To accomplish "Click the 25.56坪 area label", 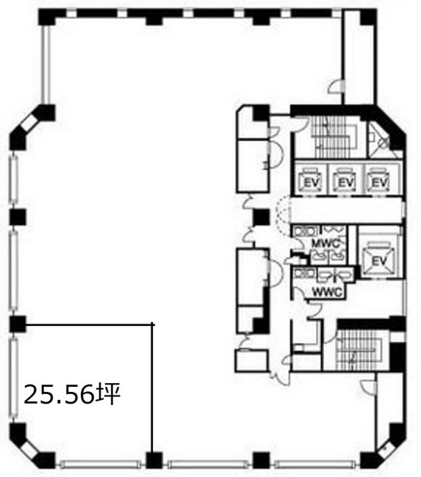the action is point(72,394).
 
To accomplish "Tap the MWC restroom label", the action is point(325,243).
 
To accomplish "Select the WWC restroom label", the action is point(327,292).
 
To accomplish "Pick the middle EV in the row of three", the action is point(345,182).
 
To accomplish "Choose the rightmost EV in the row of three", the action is point(379,182).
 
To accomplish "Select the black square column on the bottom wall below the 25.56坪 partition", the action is point(154,460).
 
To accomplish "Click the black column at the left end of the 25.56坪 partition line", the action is point(18,324).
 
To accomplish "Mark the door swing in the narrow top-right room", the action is point(334,87).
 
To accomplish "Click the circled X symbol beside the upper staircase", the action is point(384,142).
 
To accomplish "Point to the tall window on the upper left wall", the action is point(46,64).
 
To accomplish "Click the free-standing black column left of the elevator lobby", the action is point(262,217).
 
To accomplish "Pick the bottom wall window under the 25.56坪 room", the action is point(100,465).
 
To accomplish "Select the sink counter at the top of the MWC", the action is point(305,231).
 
